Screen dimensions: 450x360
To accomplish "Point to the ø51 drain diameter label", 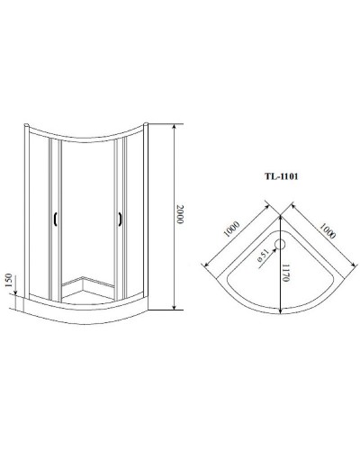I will click(261, 255).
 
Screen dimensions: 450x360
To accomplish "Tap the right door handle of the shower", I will click(118, 218).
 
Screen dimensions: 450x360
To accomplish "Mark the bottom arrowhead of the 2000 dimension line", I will click(173, 310).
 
